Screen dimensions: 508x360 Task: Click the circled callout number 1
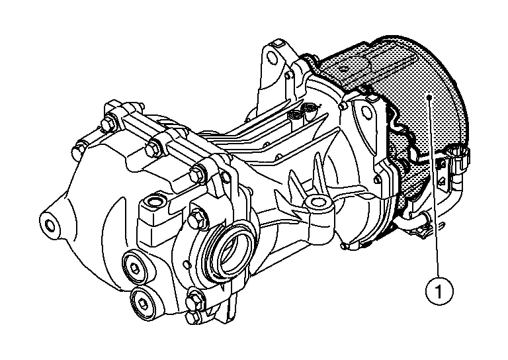(x=439, y=291)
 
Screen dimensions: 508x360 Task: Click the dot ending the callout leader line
(x=429, y=97)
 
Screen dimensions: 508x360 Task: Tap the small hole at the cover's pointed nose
(x=50, y=224)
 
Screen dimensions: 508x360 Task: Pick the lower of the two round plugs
(x=144, y=302)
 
